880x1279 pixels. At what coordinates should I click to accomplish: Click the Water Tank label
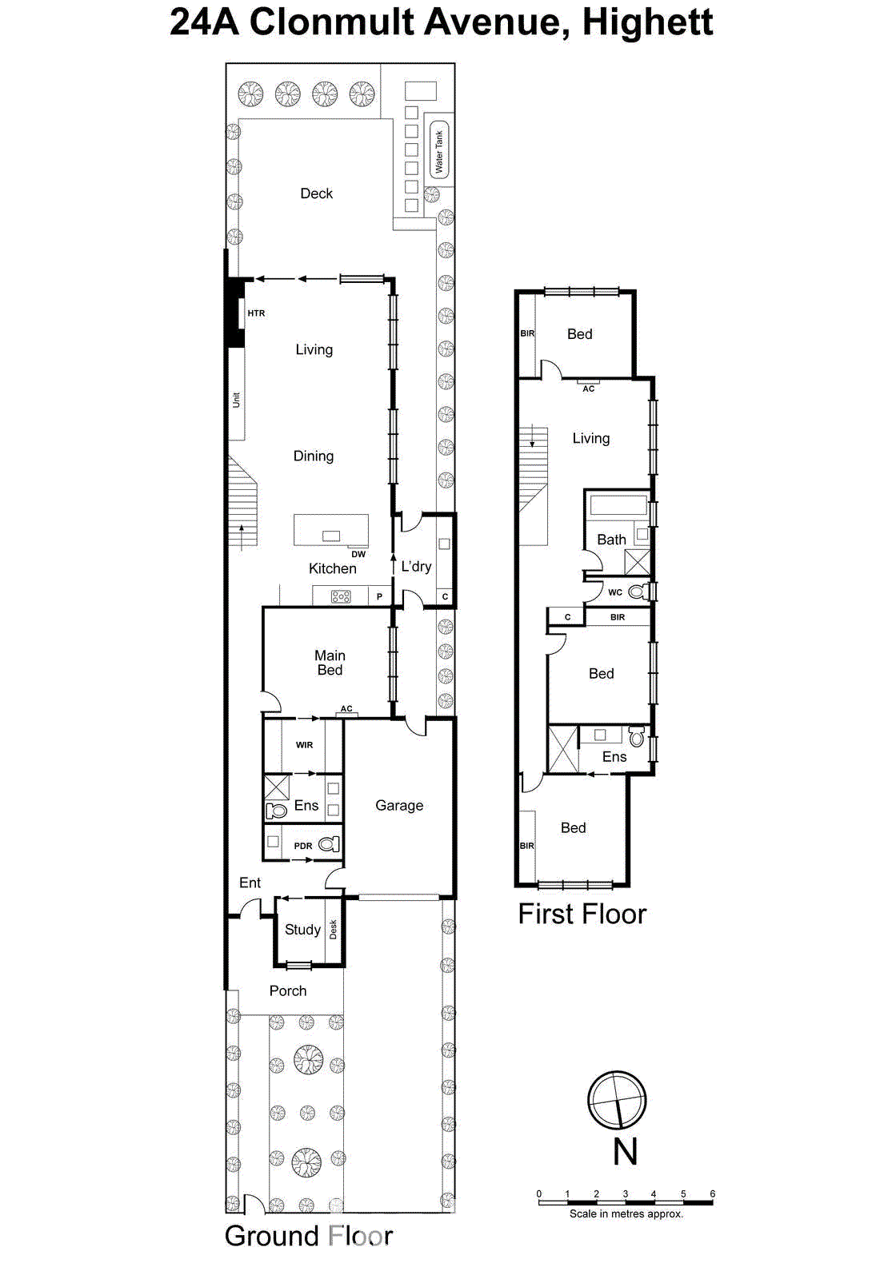(x=438, y=151)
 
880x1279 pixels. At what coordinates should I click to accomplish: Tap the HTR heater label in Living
(x=256, y=313)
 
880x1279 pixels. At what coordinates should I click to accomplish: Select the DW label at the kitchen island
(x=358, y=554)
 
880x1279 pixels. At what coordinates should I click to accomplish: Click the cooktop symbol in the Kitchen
(x=341, y=596)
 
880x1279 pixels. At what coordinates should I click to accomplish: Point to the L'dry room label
(x=416, y=566)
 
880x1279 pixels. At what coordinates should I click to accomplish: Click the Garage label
(x=399, y=805)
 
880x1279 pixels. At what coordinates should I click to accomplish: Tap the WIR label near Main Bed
(x=305, y=745)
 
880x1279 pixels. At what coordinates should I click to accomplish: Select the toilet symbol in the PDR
(x=329, y=844)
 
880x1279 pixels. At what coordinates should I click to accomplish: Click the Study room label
(x=302, y=929)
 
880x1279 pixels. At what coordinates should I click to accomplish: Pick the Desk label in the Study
(x=334, y=930)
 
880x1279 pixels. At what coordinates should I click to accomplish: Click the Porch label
(x=288, y=990)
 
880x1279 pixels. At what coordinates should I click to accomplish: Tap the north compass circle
(x=617, y=1100)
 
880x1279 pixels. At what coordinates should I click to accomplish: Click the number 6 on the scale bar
(x=712, y=1193)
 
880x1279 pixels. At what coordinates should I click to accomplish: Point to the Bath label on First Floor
(x=611, y=540)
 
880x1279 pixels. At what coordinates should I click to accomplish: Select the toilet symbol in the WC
(x=638, y=592)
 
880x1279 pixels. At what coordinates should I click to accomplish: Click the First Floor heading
(x=582, y=914)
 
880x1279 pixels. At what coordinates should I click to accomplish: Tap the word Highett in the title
(x=647, y=22)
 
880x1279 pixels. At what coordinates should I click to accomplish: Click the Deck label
(x=316, y=193)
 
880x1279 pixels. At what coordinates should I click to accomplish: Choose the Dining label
(x=314, y=456)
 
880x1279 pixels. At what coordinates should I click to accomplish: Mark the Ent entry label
(x=250, y=883)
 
